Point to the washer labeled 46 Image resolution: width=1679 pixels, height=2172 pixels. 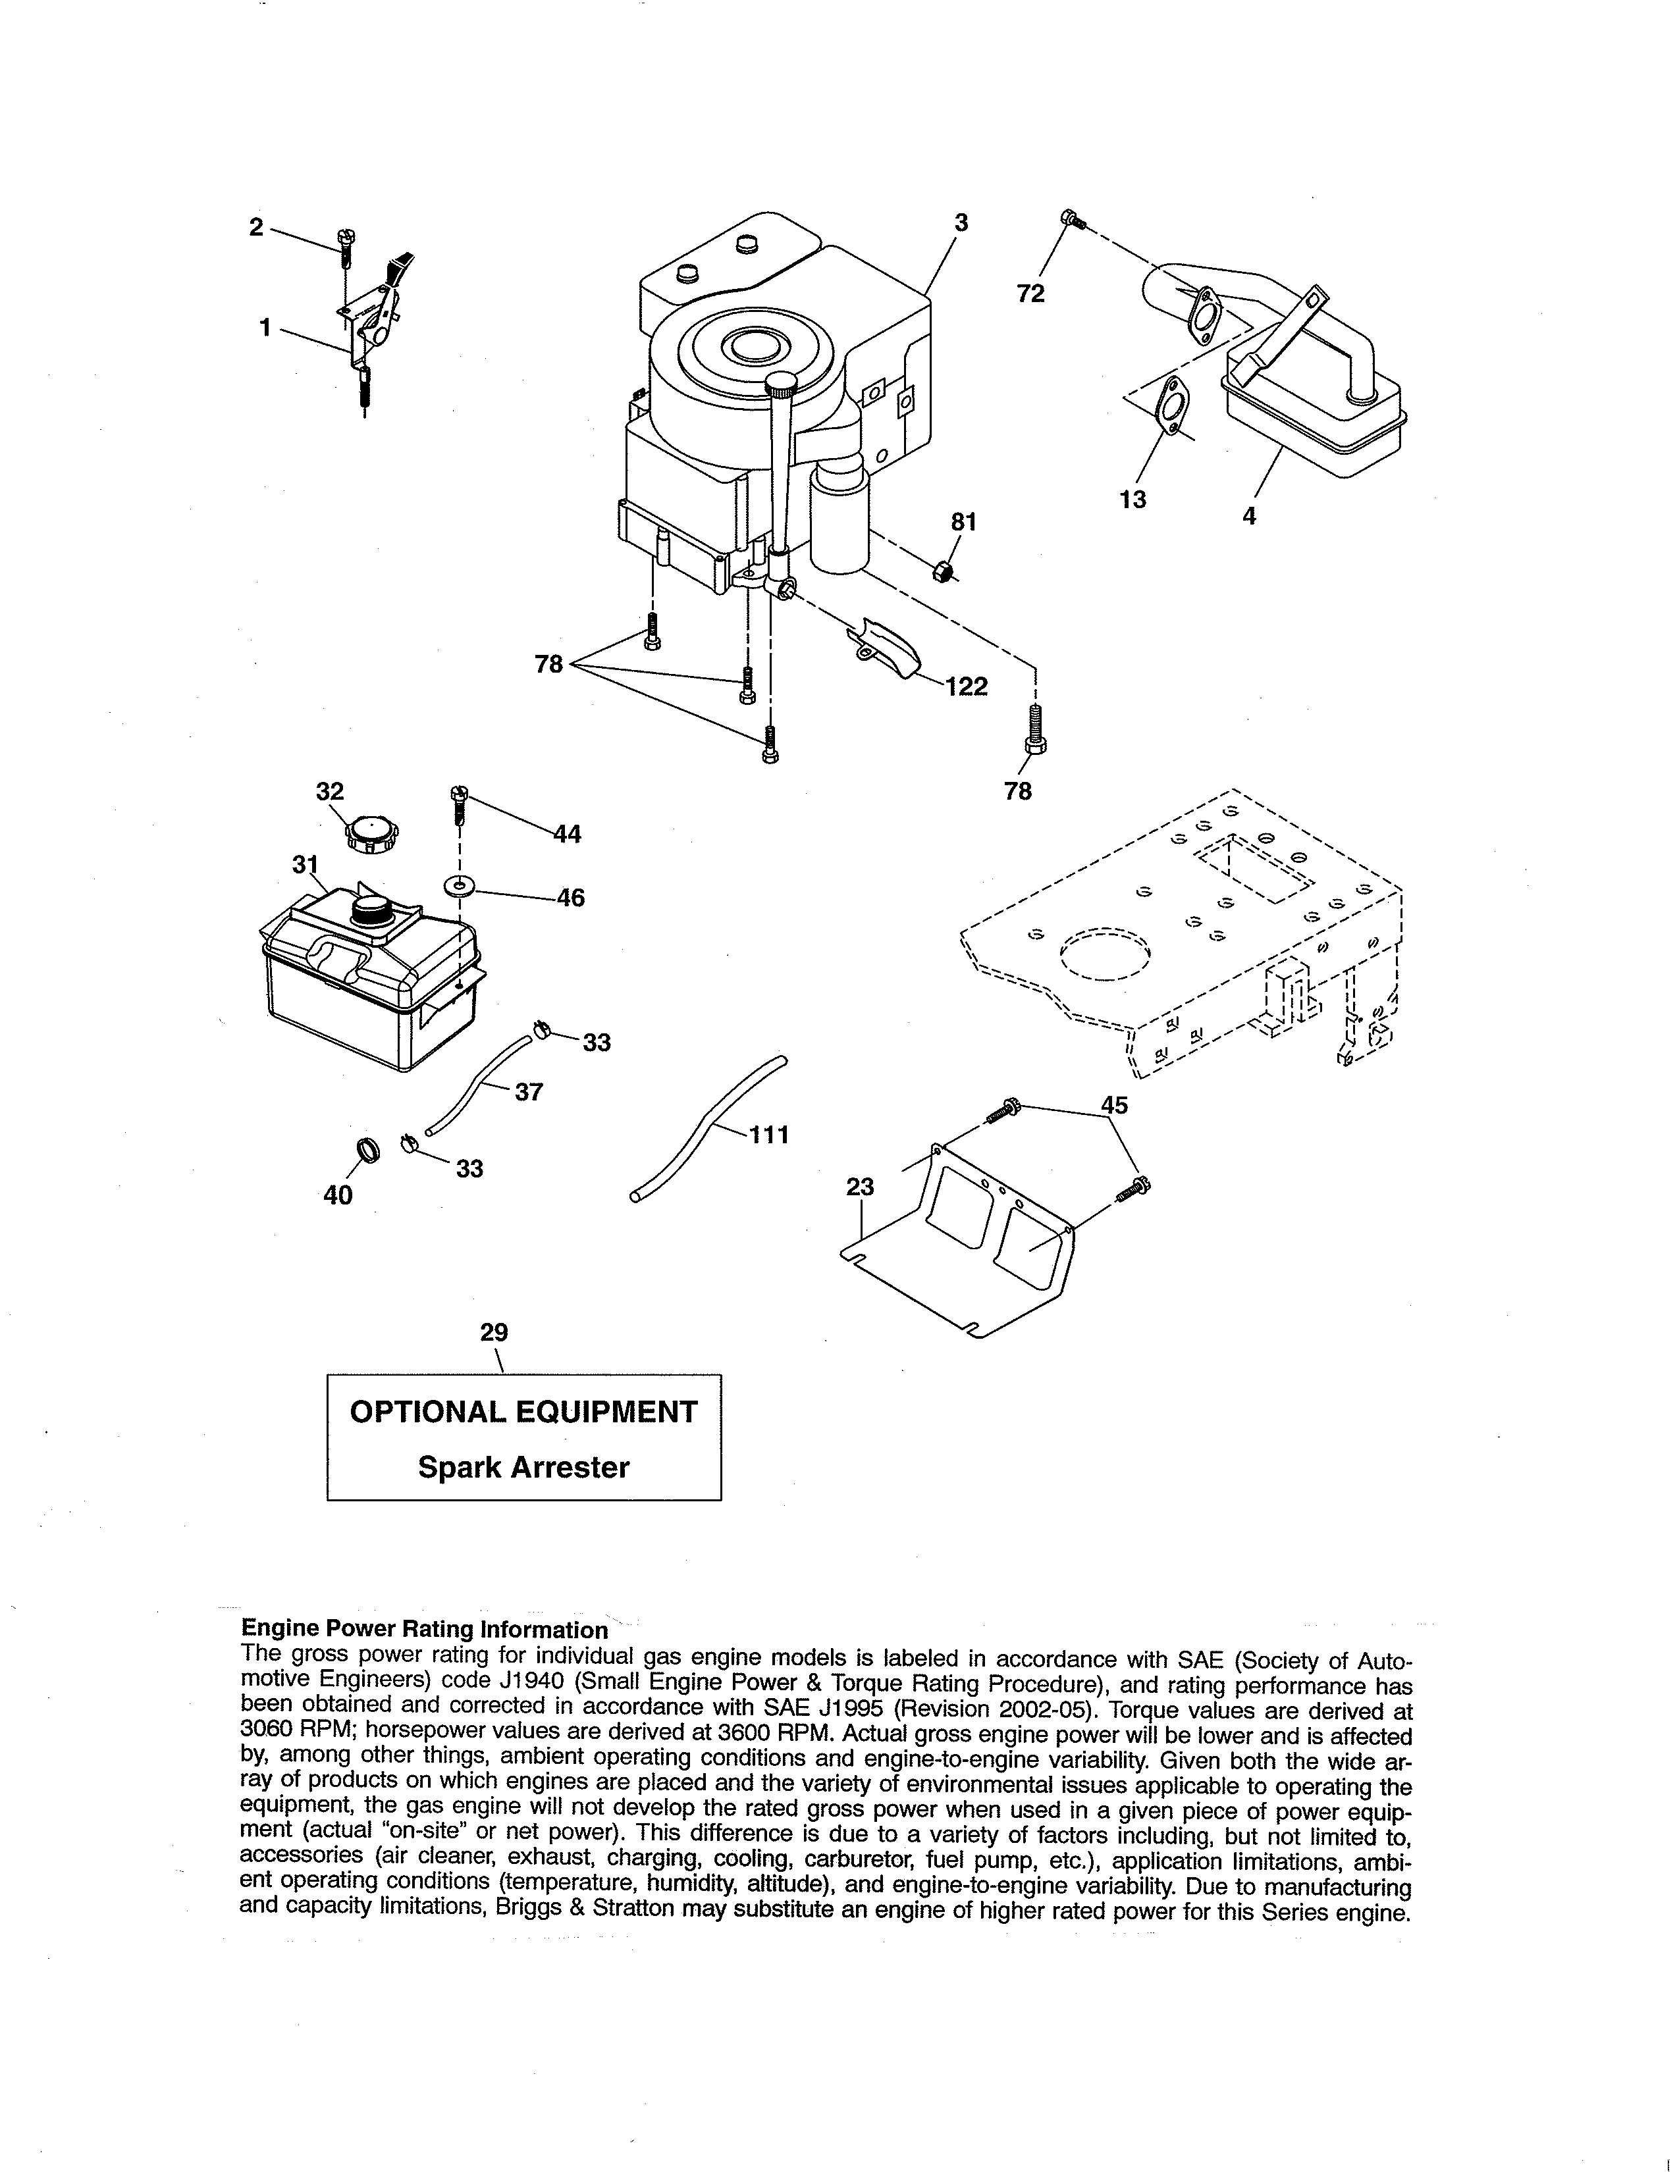pyautogui.click(x=458, y=885)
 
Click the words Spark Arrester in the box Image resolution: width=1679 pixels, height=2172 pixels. pyautogui.click(x=523, y=1468)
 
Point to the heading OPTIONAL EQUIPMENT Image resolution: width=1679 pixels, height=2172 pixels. pyautogui.click(x=523, y=1412)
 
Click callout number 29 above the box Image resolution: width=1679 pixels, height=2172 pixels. pyautogui.click(x=494, y=1332)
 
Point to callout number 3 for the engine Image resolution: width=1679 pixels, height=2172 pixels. pyautogui.click(x=961, y=222)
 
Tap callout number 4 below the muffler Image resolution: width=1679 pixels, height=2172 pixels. pyautogui.click(x=1249, y=516)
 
